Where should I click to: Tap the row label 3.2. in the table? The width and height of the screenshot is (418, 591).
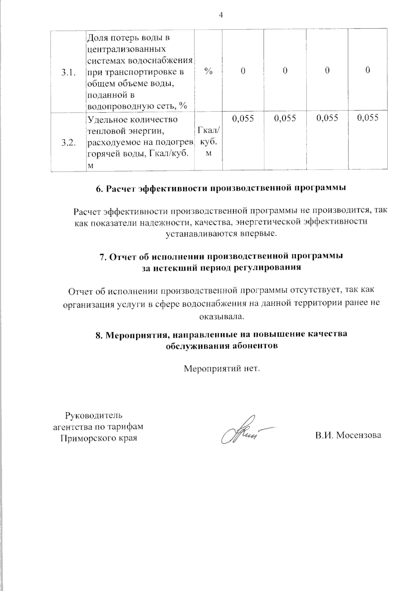[x=68, y=143]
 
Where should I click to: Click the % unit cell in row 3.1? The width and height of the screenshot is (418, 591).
[x=208, y=71]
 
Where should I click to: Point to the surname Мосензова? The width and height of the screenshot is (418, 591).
[x=359, y=435]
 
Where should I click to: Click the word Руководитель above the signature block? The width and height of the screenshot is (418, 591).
[x=94, y=415]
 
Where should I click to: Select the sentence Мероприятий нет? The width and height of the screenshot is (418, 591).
[x=222, y=368]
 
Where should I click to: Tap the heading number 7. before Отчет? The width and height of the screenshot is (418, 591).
[x=103, y=257]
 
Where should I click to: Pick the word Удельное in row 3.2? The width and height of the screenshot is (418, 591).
[x=104, y=120]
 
